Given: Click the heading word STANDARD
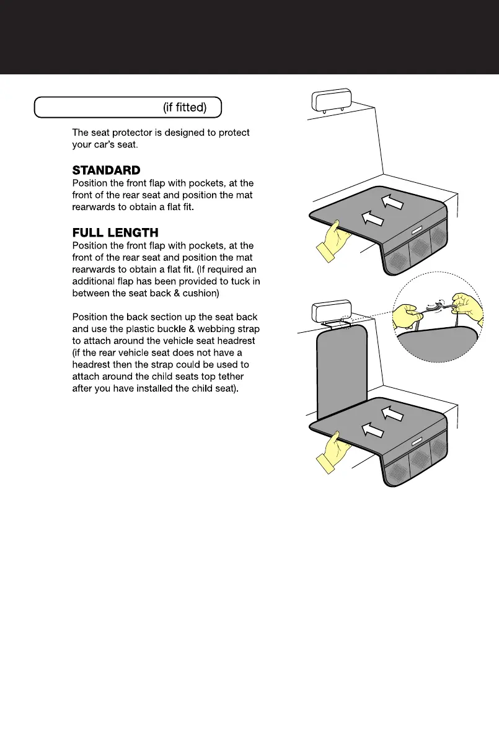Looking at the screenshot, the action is tap(107, 170).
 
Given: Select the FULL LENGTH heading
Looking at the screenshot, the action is tap(115, 233).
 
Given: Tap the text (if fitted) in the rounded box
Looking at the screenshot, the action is tap(185, 108).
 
